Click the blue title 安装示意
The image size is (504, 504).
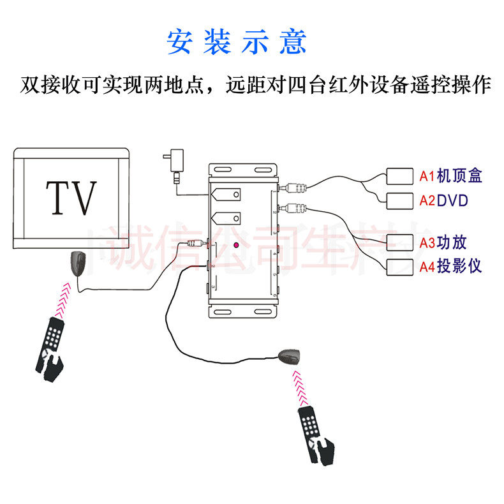[x=237, y=41]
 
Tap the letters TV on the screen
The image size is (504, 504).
[x=71, y=198]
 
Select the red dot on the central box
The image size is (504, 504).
[x=236, y=245]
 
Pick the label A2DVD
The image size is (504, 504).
[x=444, y=201]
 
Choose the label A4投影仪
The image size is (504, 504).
[x=450, y=267]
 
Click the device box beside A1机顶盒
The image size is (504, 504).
[x=400, y=176]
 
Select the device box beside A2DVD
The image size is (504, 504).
[x=400, y=201]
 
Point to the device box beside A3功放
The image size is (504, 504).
[x=400, y=243]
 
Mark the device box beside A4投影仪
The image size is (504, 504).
[x=400, y=267]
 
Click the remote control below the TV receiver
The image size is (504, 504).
[x=50, y=347]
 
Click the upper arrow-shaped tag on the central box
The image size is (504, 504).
[x=227, y=194]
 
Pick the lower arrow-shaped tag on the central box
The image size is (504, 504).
[x=227, y=218]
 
